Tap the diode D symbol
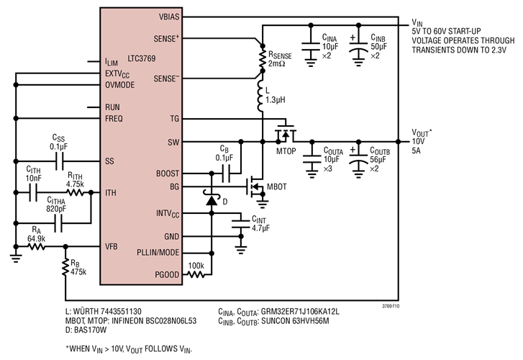click(x=211, y=200)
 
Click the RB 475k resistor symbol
click(x=65, y=267)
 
